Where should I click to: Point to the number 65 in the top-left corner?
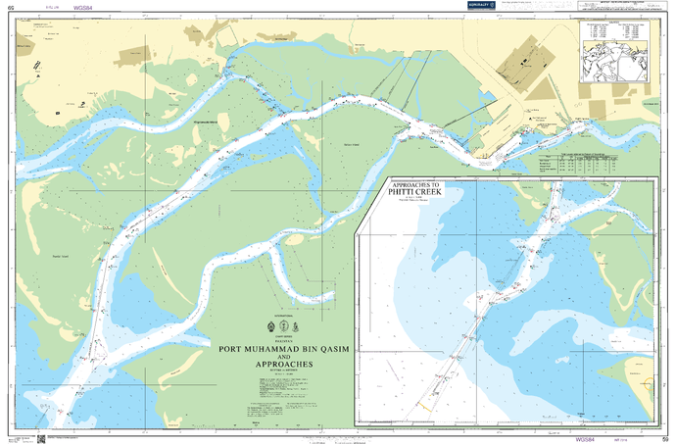coord(11,6)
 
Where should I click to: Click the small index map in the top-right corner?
coord(618,60)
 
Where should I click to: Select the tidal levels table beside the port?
coord(584,165)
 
